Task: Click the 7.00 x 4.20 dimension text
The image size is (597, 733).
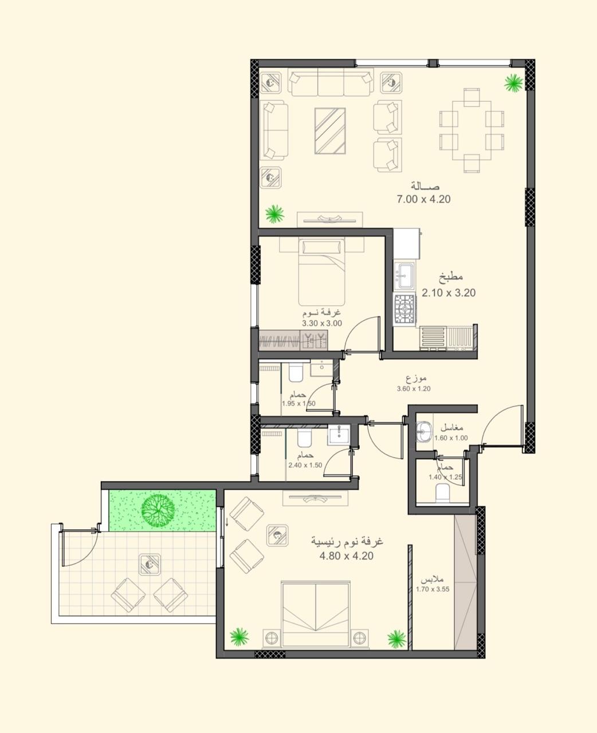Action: point(423,199)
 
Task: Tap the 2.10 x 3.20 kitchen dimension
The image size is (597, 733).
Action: point(449,293)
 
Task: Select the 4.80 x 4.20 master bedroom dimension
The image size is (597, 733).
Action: point(347,556)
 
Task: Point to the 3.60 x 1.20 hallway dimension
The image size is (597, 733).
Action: point(414,388)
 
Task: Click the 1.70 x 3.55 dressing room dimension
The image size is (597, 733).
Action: point(433,589)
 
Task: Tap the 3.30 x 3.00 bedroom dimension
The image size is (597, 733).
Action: point(322,323)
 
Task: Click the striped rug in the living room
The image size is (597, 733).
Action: point(330,131)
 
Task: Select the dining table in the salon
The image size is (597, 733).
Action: point(472,131)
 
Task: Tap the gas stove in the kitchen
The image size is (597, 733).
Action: point(405,309)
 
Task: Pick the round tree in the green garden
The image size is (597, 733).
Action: point(158,510)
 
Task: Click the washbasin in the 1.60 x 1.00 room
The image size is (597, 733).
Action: point(424,432)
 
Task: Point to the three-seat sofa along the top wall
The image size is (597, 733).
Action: point(331,82)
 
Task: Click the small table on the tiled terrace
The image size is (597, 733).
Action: point(150,565)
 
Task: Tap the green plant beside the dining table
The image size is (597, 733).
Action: point(514,83)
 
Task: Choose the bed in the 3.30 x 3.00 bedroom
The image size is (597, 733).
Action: point(321,273)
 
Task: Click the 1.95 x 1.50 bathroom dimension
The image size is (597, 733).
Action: point(298,404)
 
